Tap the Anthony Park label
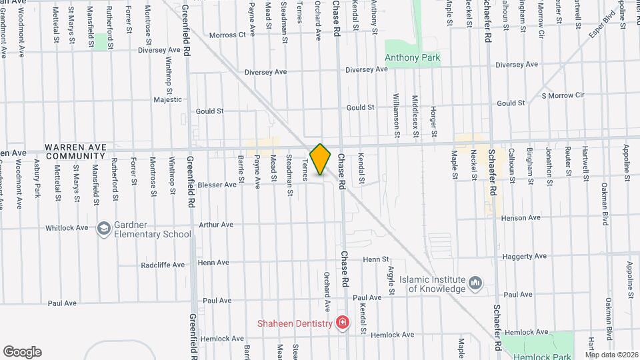(413, 58)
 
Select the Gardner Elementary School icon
(103, 229)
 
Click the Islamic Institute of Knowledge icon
(475, 283)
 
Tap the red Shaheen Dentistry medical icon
(343, 323)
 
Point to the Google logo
(22, 351)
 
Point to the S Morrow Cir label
(563, 95)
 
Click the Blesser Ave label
(217, 185)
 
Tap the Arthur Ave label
(215, 225)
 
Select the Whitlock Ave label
(67, 228)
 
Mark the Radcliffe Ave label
(163, 265)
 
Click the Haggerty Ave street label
(525, 256)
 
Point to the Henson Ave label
(521, 218)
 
